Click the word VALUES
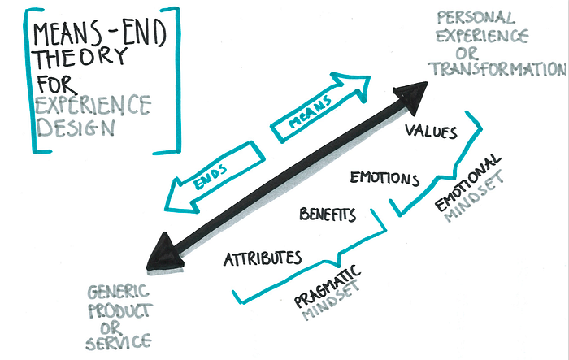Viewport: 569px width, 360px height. coord(431,131)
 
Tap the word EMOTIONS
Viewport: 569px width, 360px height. coord(384,178)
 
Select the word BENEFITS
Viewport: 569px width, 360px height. coord(328,215)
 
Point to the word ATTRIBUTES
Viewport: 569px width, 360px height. coord(263,258)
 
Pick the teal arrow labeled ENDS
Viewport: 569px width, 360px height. coord(214,178)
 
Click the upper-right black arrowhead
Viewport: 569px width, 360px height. coord(412,98)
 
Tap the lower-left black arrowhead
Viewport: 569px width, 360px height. coord(164,254)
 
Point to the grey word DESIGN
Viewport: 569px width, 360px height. coord(76,128)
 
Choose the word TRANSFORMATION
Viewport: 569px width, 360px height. coord(497,68)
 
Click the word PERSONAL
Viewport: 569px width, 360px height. coord(476,17)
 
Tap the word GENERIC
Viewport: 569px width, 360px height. coord(118,292)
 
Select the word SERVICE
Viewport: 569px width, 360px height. coord(119,343)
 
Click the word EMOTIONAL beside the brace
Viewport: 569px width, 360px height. coord(467,183)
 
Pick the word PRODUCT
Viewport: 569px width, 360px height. coord(120,311)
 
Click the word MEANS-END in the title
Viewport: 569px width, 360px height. coord(99,33)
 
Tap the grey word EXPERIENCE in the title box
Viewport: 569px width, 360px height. coord(93,105)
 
